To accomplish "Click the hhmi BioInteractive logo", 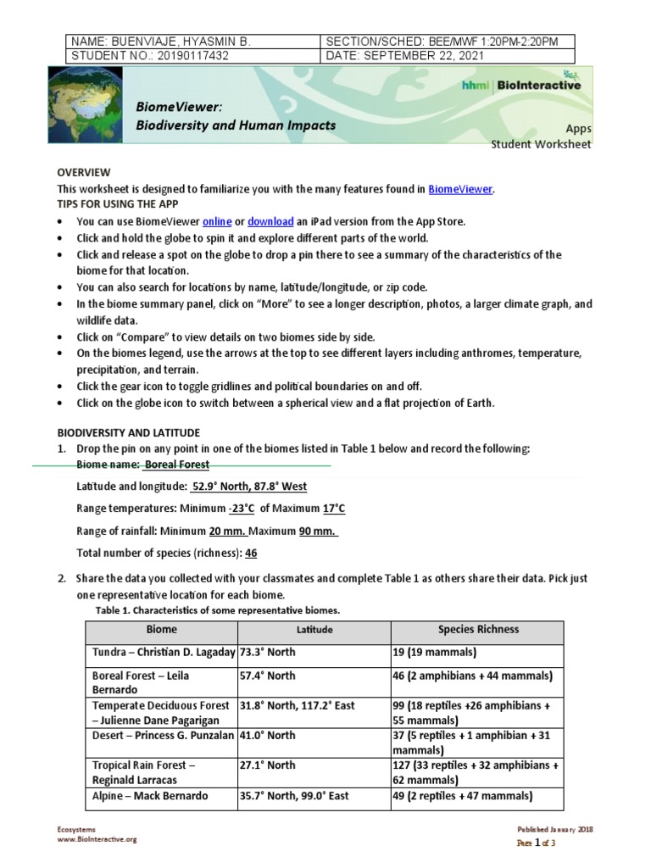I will pos(520,85).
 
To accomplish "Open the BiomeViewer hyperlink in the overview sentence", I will pos(459,190).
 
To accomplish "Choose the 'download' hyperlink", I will pos(270,221).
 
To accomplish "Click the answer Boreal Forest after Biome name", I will pos(176,465).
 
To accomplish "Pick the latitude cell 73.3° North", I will pos(268,653).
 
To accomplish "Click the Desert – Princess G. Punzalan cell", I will pos(160,737).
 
